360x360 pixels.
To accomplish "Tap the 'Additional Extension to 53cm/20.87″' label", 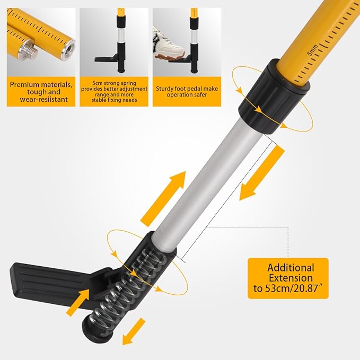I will (x=289, y=279).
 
